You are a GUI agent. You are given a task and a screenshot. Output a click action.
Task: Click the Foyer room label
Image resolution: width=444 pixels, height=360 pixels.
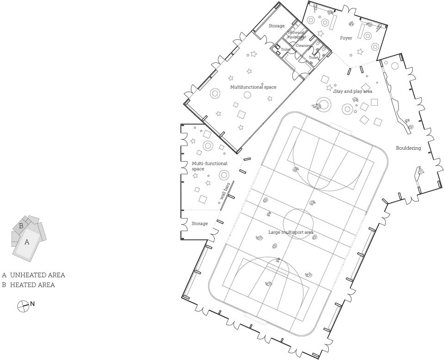pyautogui.click(x=346, y=38)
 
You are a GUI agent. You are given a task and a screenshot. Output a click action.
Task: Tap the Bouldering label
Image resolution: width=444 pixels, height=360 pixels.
pyautogui.click(x=408, y=148)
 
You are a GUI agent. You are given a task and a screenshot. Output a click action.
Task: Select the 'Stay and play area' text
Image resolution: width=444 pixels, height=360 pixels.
pyautogui.click(x=353, y=92)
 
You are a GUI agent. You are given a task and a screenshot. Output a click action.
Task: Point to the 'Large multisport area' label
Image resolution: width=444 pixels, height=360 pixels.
pyautogui.click(x=291, y=232)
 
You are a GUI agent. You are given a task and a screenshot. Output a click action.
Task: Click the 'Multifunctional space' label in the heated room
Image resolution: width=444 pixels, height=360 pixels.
pyautogui.click(x=253, y=87)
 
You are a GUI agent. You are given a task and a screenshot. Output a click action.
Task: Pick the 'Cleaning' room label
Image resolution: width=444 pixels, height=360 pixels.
pyautogui.click(x=303, y=45)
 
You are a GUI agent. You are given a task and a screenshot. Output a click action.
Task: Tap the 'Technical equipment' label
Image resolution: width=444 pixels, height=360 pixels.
pyautogui.click(x=296, y=35)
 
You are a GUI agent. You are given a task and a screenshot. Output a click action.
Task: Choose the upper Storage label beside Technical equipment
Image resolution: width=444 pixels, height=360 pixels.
pyautogui.click(x=277, y=26)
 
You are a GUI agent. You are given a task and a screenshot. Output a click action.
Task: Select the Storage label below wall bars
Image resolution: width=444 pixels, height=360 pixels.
pyautogui.click(x=200, y=224)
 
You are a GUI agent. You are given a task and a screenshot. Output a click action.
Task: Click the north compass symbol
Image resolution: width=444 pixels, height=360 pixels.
pyautogui.click(x=22, y=306)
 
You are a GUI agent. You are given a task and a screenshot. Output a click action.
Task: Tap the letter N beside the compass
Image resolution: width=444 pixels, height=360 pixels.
pyautogui.click(x=32, y=304)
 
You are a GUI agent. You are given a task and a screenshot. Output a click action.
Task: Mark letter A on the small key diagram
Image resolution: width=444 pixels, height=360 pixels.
pyautogui.click(x=27, y=242)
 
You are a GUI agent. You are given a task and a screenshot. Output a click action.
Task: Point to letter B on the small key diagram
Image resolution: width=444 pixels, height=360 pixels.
pyautogui.click(x=21, y=226)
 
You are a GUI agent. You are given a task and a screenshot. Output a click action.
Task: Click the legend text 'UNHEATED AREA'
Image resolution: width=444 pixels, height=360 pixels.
pyautogui.click(x=37, y=275)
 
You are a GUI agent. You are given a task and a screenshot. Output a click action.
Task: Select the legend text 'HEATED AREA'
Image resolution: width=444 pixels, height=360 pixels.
pyautogui.click(x=32, y=285)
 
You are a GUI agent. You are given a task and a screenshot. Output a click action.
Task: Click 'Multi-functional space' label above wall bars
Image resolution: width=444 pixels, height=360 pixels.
pyautogui.click(x=210, y=166)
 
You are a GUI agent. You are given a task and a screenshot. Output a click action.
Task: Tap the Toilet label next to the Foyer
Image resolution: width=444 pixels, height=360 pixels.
pyautogui.click(x=314, y=57)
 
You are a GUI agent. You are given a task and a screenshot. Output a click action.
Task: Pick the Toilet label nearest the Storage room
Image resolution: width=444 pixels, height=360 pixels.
pyautogui.click(x=286, y=49)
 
